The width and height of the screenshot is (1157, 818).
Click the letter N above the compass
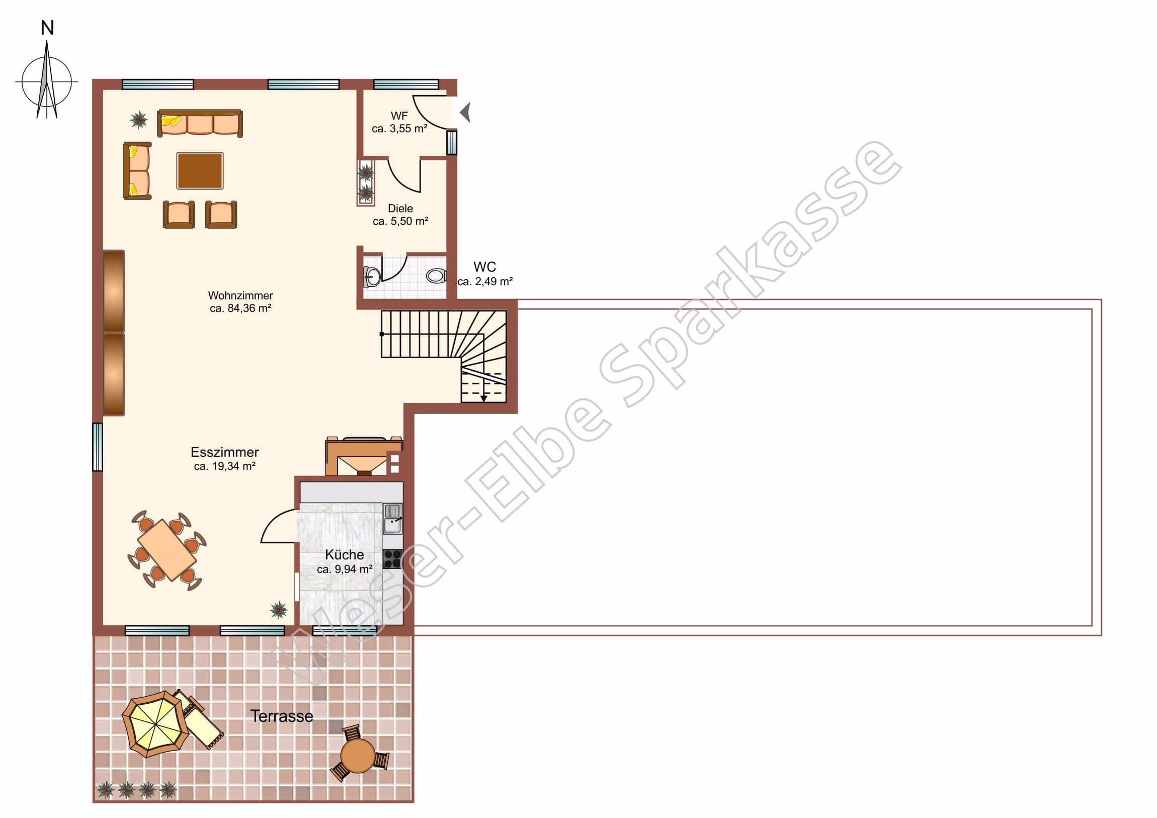coord(47,28)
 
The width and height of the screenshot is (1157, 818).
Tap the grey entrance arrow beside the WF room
coord(466,112)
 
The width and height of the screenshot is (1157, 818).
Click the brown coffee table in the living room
coord(200,171)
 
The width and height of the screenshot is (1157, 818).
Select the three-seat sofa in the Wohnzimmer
coord(200,123)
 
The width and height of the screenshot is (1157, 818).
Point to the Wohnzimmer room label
coord(240,295)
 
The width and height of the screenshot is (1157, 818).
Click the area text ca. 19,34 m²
coord(225,466)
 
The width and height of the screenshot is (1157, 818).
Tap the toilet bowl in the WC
coord(437,276)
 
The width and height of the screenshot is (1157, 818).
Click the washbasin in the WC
coord(372,276)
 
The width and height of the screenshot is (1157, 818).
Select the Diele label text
coord(400,208)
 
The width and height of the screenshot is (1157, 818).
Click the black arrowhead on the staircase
coord(484,398)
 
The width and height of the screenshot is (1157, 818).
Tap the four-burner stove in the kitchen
coord(392,558)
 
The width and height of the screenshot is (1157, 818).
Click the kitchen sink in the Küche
coord(392,519)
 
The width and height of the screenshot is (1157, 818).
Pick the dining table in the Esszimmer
coord(167,550)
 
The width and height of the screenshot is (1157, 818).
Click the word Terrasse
coord(282,716)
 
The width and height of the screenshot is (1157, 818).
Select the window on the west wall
coord(97,447)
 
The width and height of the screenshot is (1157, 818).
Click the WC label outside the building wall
coord(485,267)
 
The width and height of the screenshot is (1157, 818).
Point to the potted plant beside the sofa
coord(138,120)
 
